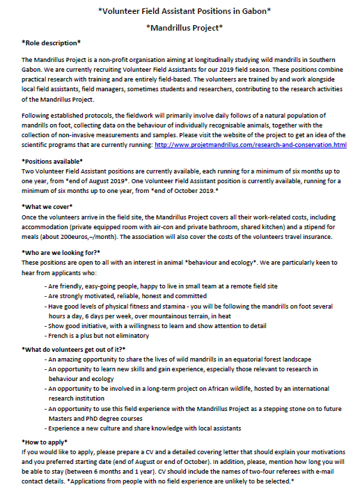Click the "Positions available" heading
point(53,161)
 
